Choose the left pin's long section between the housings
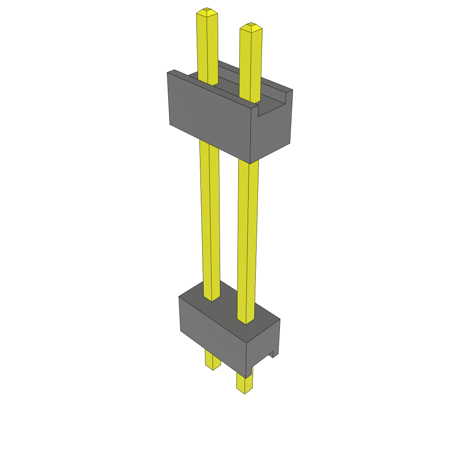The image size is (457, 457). tap(210, 219)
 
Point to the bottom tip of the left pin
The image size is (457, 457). tap(213, 368)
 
